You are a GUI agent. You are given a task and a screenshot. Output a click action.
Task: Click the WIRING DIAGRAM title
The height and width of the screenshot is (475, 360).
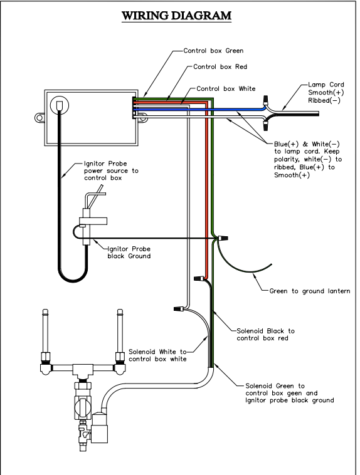[176, 16]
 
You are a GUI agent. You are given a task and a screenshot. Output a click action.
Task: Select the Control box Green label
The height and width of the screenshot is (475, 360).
[213, 51]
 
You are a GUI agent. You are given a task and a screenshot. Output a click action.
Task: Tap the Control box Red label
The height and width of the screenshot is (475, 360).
[220, 66]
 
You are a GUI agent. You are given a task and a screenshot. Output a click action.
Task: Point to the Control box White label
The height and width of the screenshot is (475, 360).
[226, 89]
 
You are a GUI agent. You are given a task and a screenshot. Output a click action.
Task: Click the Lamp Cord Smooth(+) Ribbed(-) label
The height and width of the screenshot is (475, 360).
[326, 92]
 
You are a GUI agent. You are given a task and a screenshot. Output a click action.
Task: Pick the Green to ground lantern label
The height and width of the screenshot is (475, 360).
[310, 291]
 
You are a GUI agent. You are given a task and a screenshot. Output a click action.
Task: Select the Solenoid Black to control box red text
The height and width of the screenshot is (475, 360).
[266, 335]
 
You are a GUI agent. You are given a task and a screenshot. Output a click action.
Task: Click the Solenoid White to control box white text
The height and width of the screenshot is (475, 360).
[157, 355]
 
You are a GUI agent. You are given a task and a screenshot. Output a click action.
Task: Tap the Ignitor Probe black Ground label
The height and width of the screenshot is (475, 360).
[129, 253]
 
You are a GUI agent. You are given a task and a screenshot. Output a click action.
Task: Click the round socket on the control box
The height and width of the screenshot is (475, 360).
[60, 105]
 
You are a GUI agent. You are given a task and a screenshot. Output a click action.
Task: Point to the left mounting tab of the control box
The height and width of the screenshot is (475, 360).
[40, 117]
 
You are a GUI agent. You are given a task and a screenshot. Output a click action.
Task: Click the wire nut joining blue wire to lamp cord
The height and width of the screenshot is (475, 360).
[266, 100]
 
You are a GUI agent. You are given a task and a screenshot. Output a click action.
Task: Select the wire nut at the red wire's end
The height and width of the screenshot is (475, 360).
[199, 278]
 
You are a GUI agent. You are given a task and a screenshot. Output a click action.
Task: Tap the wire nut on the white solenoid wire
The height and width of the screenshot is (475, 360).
[179, 308]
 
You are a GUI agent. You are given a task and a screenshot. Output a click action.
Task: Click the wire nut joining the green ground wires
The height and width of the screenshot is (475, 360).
[223, 238]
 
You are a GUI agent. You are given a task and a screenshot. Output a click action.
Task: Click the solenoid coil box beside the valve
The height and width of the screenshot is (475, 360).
[100, 429]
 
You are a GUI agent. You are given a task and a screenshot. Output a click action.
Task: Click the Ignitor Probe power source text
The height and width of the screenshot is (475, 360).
[111, 171]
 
